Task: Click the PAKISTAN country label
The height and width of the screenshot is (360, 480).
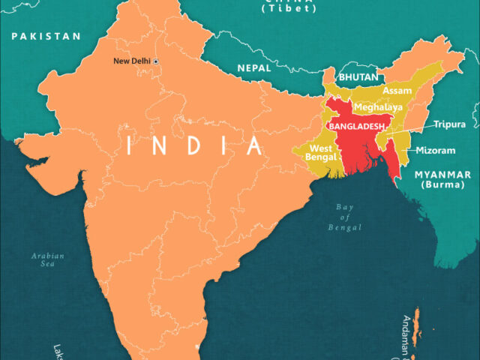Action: point(46,36)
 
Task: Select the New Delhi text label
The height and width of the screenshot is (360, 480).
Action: point(131,61)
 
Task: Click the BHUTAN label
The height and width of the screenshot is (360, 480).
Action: point(358,77)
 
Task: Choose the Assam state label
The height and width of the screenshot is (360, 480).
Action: point(397,91)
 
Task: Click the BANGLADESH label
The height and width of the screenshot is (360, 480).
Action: point(357,126)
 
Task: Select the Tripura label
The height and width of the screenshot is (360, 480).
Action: point(449,124)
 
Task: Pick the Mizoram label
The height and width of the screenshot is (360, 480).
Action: point(435,151)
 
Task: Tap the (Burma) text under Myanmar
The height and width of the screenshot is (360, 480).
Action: point(442,184)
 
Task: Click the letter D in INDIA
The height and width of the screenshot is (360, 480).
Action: point(194,145)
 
